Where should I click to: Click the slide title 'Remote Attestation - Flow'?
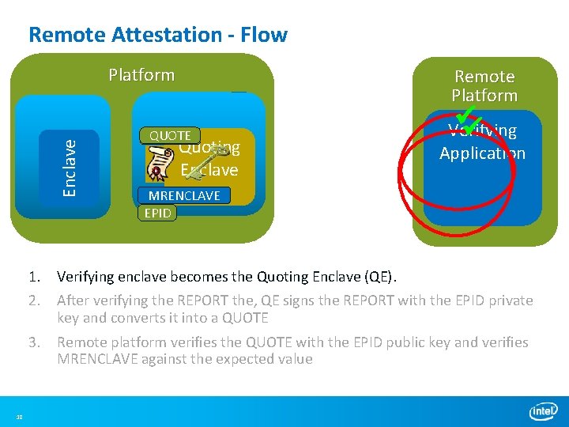pos(158,35)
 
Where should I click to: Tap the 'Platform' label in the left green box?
pos(141,75)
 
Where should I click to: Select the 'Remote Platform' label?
pos(484,86)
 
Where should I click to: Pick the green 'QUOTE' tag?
pos(170,136)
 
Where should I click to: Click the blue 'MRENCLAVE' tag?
pos(184,195)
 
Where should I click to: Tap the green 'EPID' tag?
pos(157,213)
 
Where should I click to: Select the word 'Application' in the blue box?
pos(482,153)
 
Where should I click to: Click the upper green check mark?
pos(469,114)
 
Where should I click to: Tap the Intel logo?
pos(543,411)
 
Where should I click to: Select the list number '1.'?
pos(34,277)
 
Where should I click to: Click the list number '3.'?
pos(34,342)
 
